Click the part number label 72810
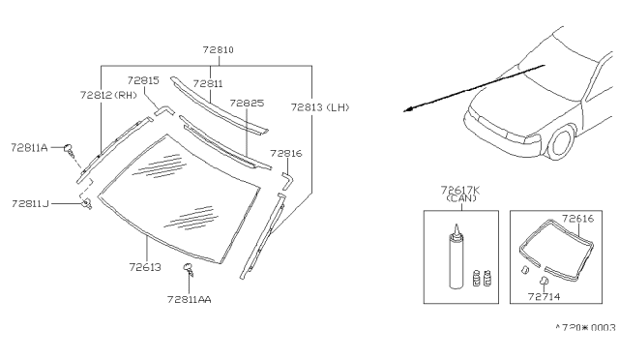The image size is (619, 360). tap(219, 49)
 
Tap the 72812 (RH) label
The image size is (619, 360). tap(108, 95)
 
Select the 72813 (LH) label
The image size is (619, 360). tap(320, 107)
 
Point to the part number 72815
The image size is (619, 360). tap(143, 80)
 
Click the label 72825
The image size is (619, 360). tap(247, 104)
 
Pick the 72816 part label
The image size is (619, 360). tap(286, 153)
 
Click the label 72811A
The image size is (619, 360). tap(29, 148)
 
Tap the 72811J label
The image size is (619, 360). tap(30, 204)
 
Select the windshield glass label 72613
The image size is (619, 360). tap(145, 267)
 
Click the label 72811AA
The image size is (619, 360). tap(190, 300)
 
